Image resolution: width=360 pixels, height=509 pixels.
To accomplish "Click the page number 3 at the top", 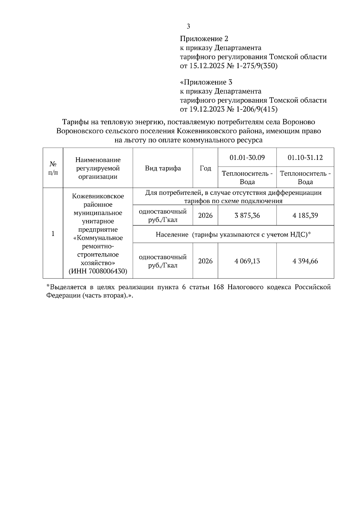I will pyautogui.click(x=188, y=26).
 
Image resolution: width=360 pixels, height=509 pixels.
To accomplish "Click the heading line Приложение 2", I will pyautogui.click(x=204, y=39).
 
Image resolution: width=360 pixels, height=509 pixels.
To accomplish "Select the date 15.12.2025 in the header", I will pyautogui.click(x=207, y=66).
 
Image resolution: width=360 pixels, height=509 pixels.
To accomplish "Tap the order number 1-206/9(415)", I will pyautogui.click(x=257, y=109).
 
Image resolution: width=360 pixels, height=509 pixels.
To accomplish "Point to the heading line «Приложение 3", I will pyautogui.click(x=206, y=82).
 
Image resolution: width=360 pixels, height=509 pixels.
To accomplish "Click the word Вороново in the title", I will pyautogui.click(x=299, y=122).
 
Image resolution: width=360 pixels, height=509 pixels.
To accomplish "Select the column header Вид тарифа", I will pyautogui.click(x=163, y=168).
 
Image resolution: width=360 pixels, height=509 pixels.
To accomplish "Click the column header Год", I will pyautogui.click(x=205, y=168).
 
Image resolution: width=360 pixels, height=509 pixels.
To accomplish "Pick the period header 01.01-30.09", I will pyautogui.click(x=247, y=157).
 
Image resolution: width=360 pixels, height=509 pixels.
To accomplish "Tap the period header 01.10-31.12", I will pyautogui.click(x=305, y=157).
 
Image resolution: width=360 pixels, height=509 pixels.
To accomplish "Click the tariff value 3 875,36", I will pyautogui.click(x=247, y=215).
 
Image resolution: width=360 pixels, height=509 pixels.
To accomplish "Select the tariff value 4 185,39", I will pyautogui.click(x=305, y=215).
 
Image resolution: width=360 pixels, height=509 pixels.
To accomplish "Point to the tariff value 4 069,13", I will pyautogui.click(x=247, y=261).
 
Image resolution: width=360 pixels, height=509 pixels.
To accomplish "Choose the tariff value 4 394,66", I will pyautogui.click(x=305, y=261).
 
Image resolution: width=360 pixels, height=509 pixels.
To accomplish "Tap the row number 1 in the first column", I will pyautogui.click(x=53, y=234).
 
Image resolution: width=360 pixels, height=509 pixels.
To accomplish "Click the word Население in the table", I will pyautogui.click(x=172, y=234).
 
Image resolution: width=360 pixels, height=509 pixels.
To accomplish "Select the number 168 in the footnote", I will pyautogui.click(x=219, y=287).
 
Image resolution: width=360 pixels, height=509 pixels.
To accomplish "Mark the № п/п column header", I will pyautogui.click(x=53, y=168).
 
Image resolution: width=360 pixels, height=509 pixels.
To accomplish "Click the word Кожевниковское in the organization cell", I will pyautogui.click(x=98, y=196).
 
